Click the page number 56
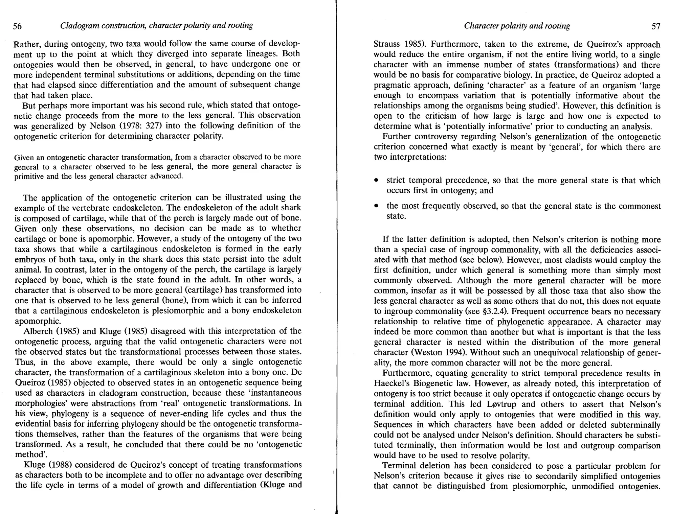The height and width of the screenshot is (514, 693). [x=18, y=26]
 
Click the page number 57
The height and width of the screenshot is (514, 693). [x=656, y=26]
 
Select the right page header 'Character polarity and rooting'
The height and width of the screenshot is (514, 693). [x=517, y=26]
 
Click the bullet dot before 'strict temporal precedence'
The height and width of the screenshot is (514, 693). [x=376, y=181]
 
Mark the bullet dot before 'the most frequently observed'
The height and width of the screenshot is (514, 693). [x=376, y=206]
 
